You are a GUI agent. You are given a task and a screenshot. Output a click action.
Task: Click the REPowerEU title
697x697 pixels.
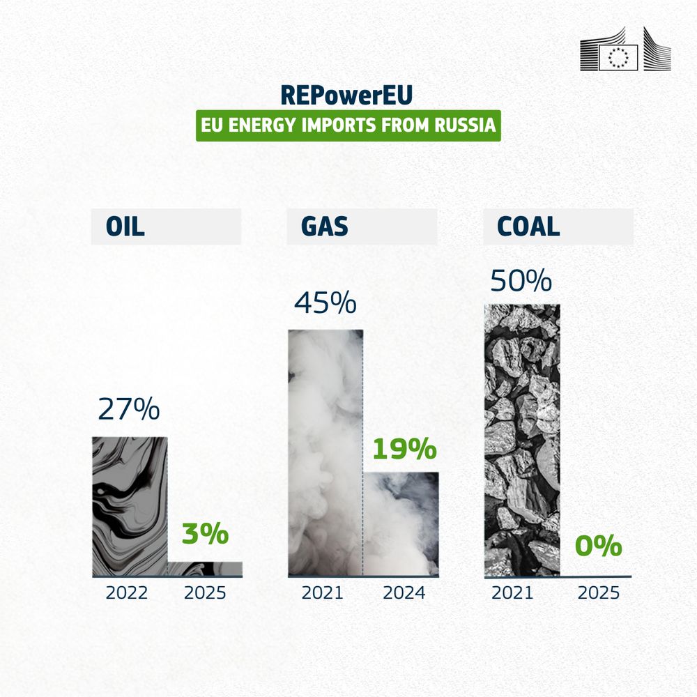pyautogui.click(x=346, y=95)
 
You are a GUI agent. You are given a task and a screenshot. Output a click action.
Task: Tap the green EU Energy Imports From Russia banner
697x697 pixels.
pyautogui.click(x=348, y=125)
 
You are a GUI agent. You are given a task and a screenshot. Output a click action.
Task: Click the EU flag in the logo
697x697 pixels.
pyautogui.click(x=618, y=57)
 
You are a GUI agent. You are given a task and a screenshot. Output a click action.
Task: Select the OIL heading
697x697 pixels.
pyautogui.click(x=125, y=227)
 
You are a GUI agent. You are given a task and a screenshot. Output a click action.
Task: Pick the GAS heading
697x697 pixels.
pyautogui.click(x=325, y=227)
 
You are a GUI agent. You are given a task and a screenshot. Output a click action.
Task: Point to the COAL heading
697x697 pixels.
pyautogui.click(x=528, y=227)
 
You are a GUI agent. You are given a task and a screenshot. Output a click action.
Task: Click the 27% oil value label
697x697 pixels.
pyautogui.click(x=128, y=408)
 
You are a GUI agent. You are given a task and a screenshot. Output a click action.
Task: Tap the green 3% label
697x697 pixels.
pyautogui.click(x=205, y=533)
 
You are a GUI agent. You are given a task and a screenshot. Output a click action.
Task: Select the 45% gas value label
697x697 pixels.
pyautogui.click(x=325, y=302)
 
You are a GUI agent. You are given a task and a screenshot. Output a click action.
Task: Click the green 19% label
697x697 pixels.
pyautogui.click(x=404, y=448)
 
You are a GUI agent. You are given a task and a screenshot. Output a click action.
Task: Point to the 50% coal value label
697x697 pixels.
pyautogui.click(x=521, y=280)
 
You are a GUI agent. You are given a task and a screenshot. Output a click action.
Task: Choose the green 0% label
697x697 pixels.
pyautogui.click(x=598, y=546)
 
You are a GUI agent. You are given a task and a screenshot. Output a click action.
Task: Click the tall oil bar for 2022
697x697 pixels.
pyautogui.click(x=130, y=507)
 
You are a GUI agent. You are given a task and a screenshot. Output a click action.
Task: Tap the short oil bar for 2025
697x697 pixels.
pyautogui.click(x=205, y=569)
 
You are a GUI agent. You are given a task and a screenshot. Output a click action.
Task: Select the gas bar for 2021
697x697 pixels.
pyautogui.click(x=325, y=453)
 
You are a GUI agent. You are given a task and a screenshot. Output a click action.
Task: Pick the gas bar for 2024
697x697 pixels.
pyautogui.click(x=401, y=524)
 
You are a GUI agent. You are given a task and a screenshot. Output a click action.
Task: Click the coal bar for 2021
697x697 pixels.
pyautogui.click(x=522, y=441)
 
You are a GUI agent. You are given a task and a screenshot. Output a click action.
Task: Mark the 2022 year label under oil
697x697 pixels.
pyautogui.click(x=127, y=593)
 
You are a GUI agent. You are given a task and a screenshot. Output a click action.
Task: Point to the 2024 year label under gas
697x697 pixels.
pyautogui.click(x=404, y=593)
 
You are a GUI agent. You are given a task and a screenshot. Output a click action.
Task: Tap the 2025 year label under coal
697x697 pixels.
pyautogui.click(x=598, y=593)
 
